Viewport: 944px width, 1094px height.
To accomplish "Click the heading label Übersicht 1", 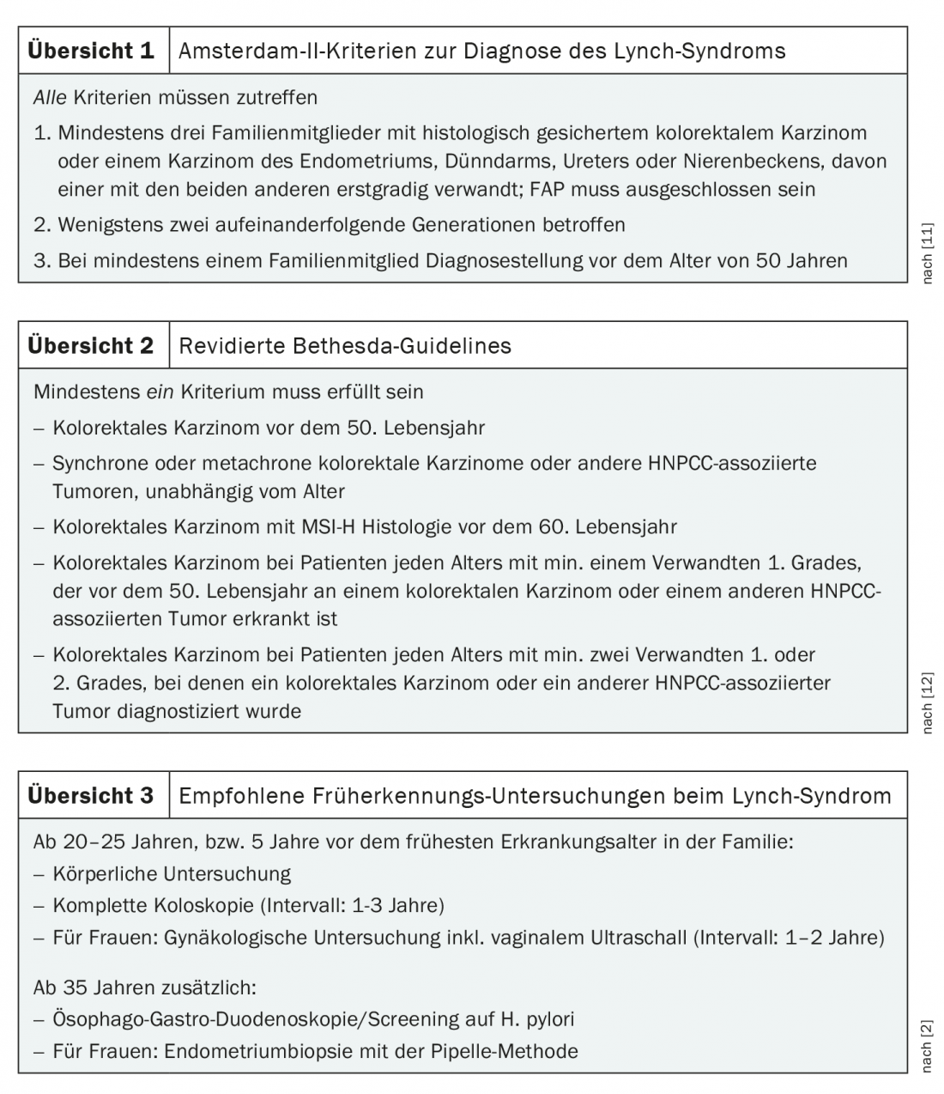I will [x=91, y=51].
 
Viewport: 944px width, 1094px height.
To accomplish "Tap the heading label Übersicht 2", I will [x=91, y=346].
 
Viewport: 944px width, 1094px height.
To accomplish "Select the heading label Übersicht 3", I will [x=91, y=796].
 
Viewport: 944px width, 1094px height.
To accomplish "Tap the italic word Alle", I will [x=50, y=98].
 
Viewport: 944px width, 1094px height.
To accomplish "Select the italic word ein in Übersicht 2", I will [x=160, y=392].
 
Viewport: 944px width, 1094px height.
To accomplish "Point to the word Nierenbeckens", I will [x=745, y=161].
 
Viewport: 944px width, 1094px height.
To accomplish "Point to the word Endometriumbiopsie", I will [x=253, y=1051].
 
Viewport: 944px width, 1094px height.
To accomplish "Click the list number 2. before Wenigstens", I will [x=42, y=225].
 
